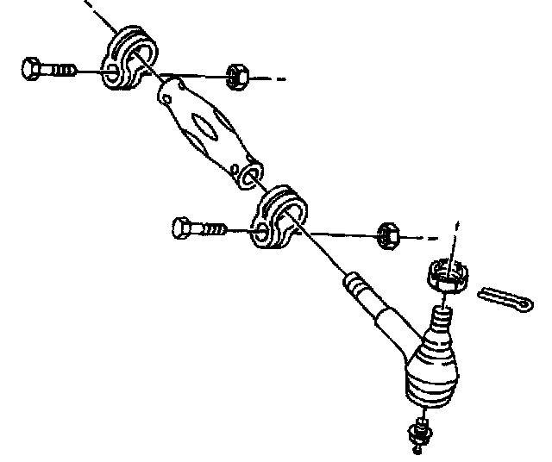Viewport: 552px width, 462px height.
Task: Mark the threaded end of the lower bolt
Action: point(214,230)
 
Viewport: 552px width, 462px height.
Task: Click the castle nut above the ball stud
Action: point(448,278)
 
